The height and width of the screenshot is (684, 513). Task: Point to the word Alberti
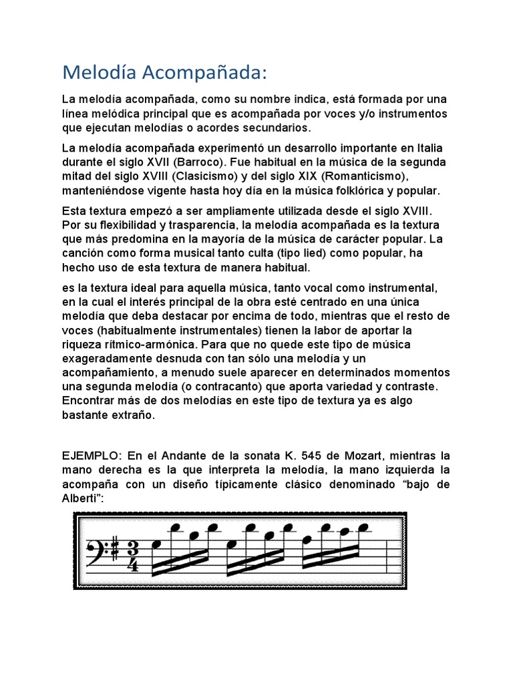(x=81, y=498)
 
